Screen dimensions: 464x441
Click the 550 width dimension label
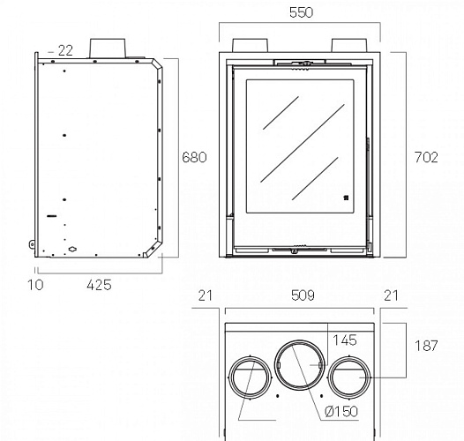[x=301, y=12]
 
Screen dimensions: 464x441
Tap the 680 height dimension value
[x=194, y=157]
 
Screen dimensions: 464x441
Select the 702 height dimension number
[x=426, y=157]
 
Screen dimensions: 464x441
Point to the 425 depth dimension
[x=99, y=285]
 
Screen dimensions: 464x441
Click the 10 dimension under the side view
[x=35, y=285]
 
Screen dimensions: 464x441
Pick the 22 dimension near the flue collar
[x=65, y=50]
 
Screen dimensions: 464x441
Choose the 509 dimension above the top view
[x=303, y=295]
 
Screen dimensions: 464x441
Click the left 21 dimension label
[x=206, y=295]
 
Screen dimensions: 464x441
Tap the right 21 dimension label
[x=391, y=295]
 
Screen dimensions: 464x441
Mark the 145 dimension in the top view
[x=345, y=340]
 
